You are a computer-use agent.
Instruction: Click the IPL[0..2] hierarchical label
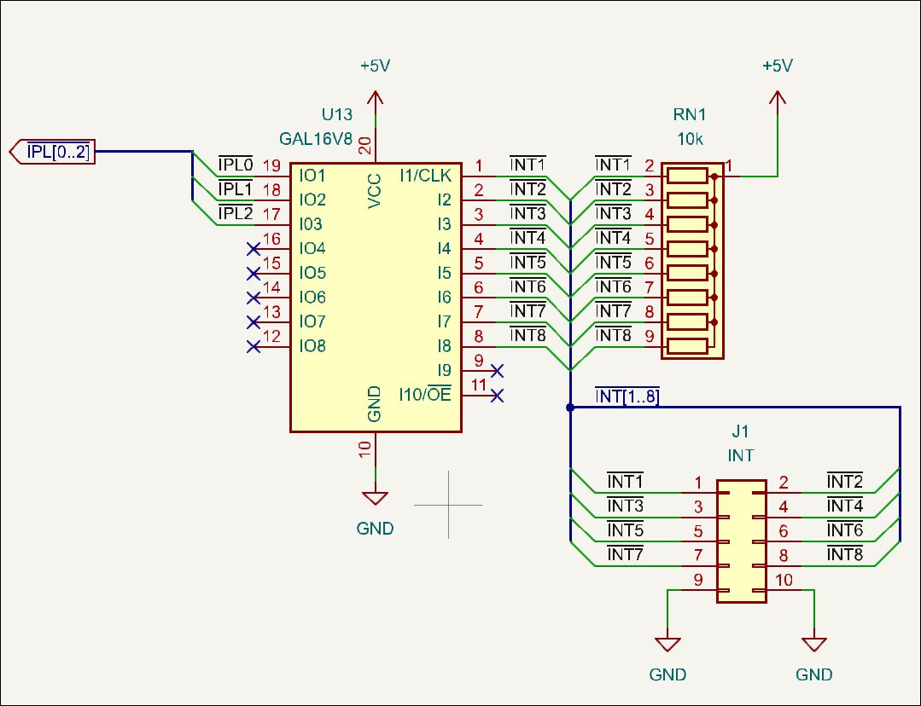[53, 152]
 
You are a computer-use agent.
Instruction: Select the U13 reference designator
[337, 114]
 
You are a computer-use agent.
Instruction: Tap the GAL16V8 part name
[316, 139]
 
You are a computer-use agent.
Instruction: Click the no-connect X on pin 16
[254, 250]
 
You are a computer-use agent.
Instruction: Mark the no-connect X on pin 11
[497, 396]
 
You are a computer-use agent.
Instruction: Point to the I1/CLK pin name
[426, 176]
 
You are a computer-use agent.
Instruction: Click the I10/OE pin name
[425, 394]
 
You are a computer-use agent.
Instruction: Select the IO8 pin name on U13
[312, 345]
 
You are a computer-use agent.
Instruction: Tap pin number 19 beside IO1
[271, 165]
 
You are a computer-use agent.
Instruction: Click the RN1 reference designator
[690, 114]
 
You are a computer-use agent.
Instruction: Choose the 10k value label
[690, 139]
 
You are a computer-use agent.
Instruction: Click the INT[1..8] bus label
[627, 396]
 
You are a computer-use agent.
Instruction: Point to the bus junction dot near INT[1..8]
[569, 408]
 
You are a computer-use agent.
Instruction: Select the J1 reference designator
[740, 431]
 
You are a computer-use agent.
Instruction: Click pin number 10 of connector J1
[784, 580]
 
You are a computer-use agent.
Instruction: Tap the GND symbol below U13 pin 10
[376, 498]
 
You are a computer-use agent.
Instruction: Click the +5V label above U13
[376, 65]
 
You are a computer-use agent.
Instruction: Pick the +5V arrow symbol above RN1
[778, 99]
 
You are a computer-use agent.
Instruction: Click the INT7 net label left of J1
[625, 553]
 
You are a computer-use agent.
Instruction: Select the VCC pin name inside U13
[374, 191]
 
